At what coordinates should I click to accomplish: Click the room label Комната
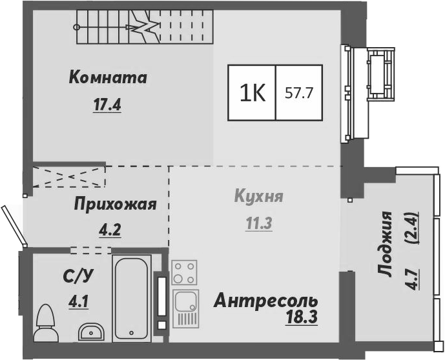pyautogui.click(x=109, y=78)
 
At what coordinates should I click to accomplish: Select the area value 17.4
pyautogui.click(x=107, y=105)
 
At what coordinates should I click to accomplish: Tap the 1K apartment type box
pyautogui.click(x=252, y=93)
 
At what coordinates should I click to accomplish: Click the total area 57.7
pyautogui.click(x=299, y=93)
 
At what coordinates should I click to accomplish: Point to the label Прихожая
pyautogui.click(x=115, y=205)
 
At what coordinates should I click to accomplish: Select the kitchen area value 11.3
pyautogui.click(x=258, y=223)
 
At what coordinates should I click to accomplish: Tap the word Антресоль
pyautogui.click(x=265, y=301)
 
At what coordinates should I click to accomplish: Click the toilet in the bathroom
pyautogui.click(x=47, y=323)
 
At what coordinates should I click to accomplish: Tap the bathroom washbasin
pyautogui.click(x=92, y=332)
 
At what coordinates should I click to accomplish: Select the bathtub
pyautogui.click(x=132, y=297)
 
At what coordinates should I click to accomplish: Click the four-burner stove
pyautogui.click(x=185, y=272)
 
